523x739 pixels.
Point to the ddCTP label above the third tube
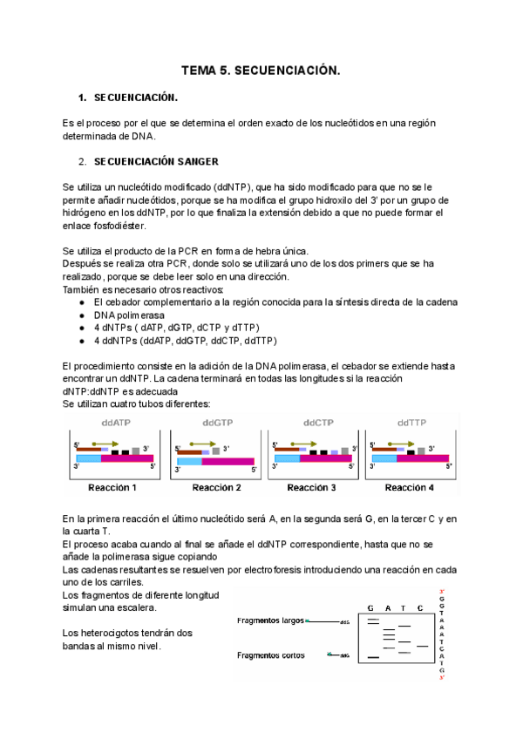(316, 423)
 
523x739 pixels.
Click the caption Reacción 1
(116, 487)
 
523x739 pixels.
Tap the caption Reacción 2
(216, 487)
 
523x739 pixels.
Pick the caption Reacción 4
(410, 487)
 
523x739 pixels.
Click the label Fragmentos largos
(270, 621)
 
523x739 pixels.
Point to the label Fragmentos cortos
(270, 655)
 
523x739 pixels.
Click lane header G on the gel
(370, 607)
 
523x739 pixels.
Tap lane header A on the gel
(387, 607)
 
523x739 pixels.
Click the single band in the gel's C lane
(422, 646)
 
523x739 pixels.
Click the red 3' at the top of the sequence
(443, 592)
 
